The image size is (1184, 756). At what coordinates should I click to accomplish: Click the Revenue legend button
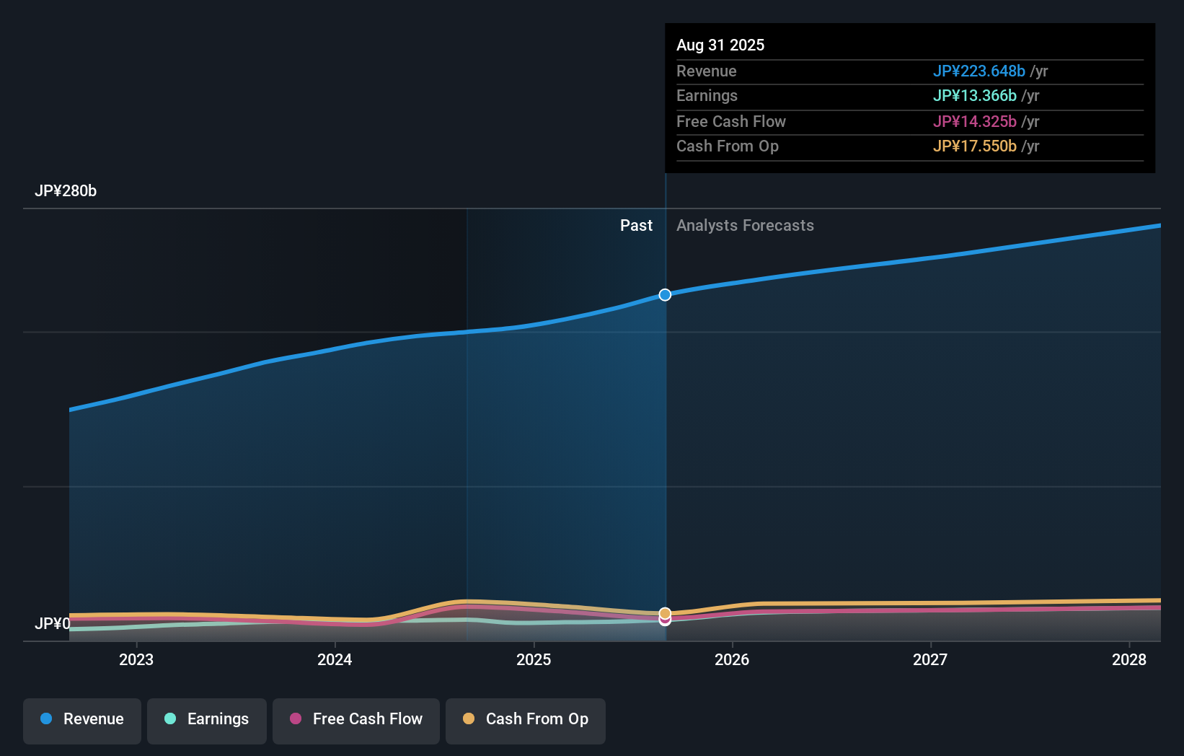[82, 720]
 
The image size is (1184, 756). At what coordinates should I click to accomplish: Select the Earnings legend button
[207, 720]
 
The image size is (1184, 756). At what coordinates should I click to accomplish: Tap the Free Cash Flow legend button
[356, 720]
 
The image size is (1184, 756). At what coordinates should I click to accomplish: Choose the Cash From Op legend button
[526, 720]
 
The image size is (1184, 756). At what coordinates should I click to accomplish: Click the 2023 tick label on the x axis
[136, 660]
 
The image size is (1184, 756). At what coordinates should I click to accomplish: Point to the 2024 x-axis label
[335, 660]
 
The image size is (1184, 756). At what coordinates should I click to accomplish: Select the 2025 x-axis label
[534, 660]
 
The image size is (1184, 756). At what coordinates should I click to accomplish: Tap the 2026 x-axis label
[732, 660]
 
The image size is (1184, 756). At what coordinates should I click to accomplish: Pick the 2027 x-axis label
[930, 660]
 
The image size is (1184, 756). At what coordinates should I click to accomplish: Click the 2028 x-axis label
[1128, 660]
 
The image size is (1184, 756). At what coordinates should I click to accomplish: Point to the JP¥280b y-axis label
[66, 191]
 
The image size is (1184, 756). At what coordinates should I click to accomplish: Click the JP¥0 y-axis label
[52, 624]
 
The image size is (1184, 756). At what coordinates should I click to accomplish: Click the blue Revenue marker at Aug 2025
[665, 295]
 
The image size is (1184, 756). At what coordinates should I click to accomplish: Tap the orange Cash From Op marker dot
[665, 613]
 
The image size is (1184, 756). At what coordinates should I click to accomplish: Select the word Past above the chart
[636, 226]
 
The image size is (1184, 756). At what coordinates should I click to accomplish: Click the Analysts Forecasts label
[745, 226]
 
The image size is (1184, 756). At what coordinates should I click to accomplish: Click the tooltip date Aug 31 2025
[720, 45]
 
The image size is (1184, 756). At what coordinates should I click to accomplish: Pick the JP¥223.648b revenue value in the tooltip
[978, 71]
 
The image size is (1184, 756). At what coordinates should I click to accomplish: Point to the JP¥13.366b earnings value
[974, 96]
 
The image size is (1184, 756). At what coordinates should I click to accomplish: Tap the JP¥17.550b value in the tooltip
[974, 146]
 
